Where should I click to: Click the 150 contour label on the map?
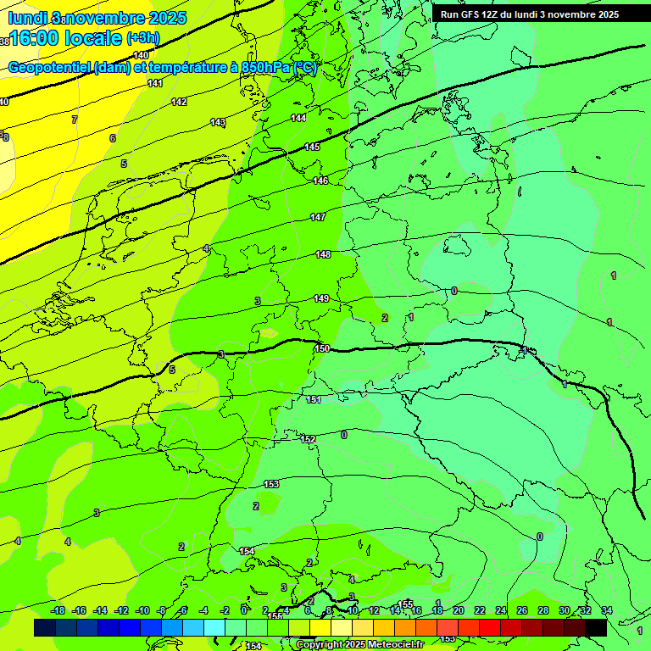pyautogui.click(x=321, y=348)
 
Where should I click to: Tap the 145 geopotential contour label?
pyautogui.click(x=312, y=147)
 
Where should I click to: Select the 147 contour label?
pyautogui.click(x=318, y=218)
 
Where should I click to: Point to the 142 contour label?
pyautogui.click(x=179, y=102)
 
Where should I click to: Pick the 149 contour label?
pyautogui.click(x=321, y=298)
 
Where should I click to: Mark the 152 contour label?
pyautogui.click(x=308, y=439)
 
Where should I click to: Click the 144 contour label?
pyautogui.click(x=298, y=118)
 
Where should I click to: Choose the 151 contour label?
pyautogui.click(x=314, y=399)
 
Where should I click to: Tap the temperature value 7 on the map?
pyautogui.click(x=75, y=120)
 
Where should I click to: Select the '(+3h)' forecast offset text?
pyautogui.click(x=142, y=38)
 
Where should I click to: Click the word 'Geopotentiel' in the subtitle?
pyautogui.click(x=49, y=68)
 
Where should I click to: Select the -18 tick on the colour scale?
pyautogui.click(x=58, y=610)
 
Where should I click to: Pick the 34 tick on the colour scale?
pyautogui.click(x=606, y=610)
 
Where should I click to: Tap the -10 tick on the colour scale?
pyautogui.click(x=142, y=610)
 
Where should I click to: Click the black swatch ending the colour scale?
pyautogui.click(x=596, y=627)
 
